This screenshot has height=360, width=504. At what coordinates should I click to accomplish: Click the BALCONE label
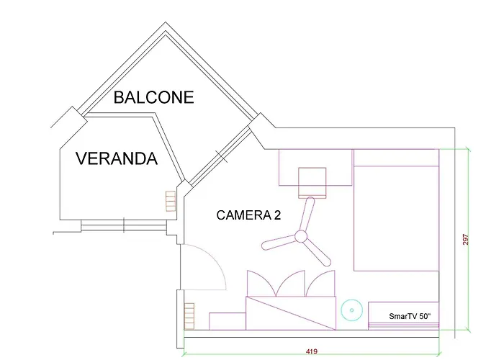pyautogui.click(x=154, y=97)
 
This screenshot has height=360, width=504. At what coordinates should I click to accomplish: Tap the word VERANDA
pyautogui.click(x=116, y=158)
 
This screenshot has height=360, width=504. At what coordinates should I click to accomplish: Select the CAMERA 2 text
pyautogui.click(x=248, y=215)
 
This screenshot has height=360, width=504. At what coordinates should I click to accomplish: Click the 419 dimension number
pyautogui.click(x=311, y=351)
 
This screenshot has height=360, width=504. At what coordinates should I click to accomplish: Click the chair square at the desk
pyautogui.click(x=314, y=181)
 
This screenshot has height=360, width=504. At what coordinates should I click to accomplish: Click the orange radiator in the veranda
pyautogui.click(x=171, y=201)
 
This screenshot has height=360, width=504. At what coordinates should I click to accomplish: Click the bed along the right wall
pyautogui.click(x=396, y=216)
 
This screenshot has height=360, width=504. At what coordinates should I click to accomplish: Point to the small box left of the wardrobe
pyautogui.click(x=227, y=320)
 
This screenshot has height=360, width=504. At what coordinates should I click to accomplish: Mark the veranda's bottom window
pyautogui.click(x=124, y=225)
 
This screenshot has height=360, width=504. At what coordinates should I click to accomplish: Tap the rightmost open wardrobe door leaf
pyautogui.click(x=319, y=283)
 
